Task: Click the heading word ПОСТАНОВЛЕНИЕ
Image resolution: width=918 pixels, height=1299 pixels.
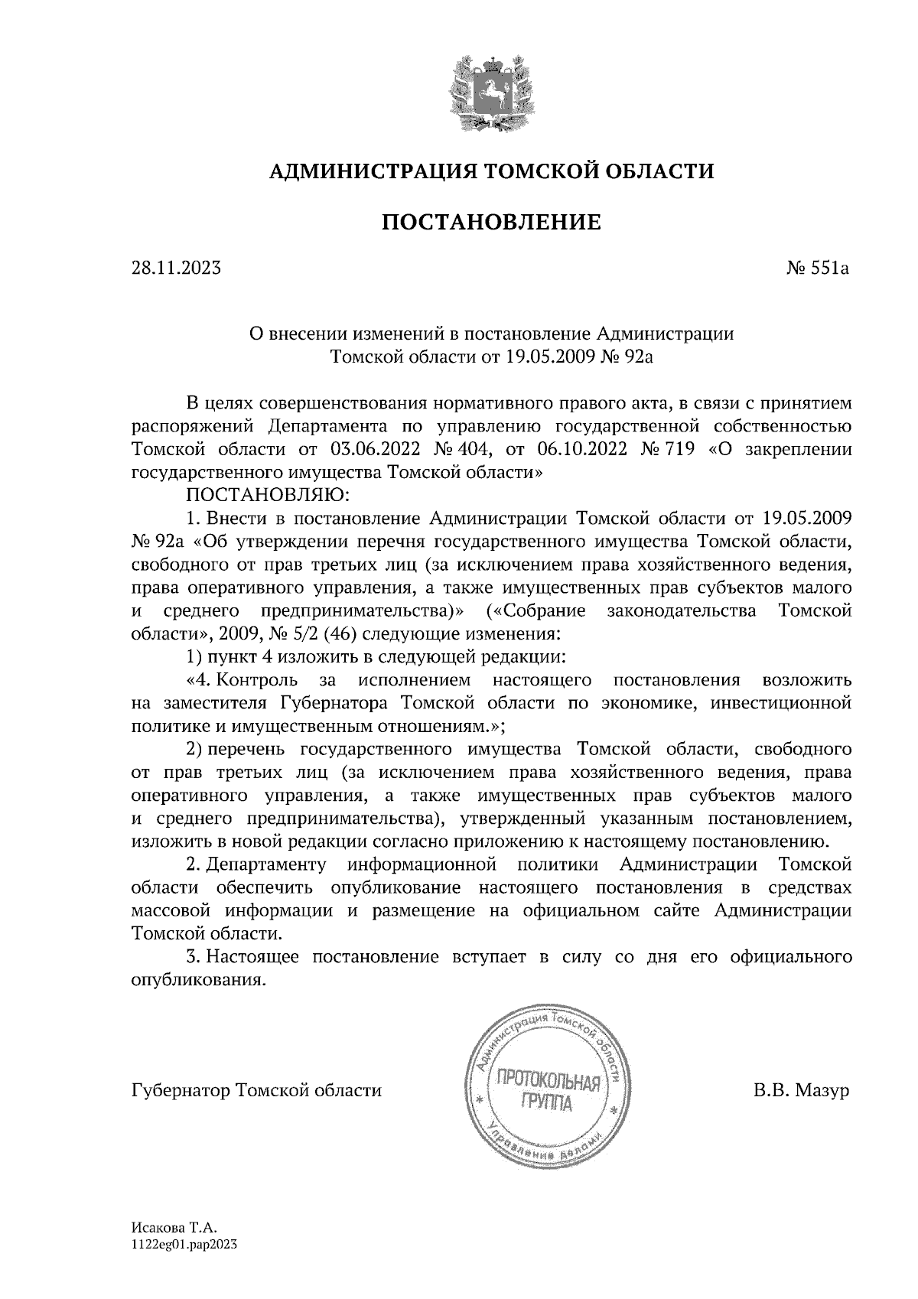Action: [490, 223]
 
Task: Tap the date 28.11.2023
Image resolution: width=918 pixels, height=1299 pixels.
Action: [177, 269]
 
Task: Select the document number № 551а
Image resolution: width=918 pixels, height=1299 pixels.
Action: [818, 269]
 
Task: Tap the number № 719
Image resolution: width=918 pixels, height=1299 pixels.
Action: [670, 449]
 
